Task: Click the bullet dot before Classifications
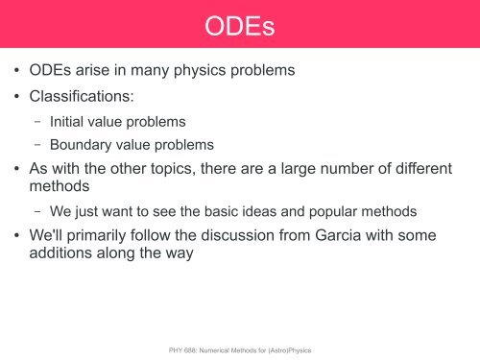[x=17, y=99]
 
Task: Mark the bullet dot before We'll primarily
[x=17, y=236]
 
